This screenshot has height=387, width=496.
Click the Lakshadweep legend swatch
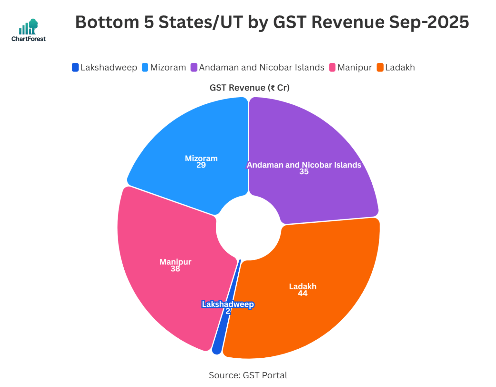click(75, 67)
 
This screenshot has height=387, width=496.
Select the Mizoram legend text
click(168, 67)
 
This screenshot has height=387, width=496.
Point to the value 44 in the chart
click(303, 294)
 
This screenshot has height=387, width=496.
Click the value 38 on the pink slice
click(175, 269)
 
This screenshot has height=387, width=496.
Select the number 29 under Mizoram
click(201, 165)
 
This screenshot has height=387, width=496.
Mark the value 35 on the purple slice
click(304, 172)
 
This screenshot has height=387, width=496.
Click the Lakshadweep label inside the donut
click(228, 304)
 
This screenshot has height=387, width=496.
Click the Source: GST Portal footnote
click(248, 375)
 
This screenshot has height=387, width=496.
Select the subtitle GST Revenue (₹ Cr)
click(249, 88)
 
